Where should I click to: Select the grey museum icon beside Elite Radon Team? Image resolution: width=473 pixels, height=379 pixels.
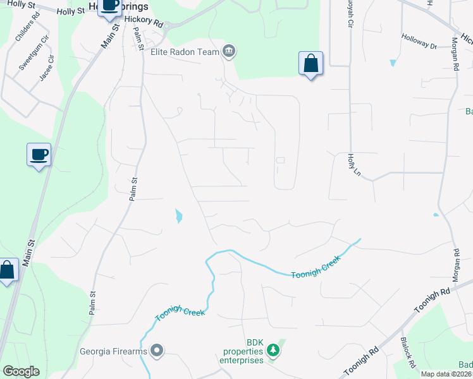229,52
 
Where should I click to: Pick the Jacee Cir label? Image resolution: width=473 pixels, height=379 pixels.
47,68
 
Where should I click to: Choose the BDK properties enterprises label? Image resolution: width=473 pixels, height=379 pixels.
241,354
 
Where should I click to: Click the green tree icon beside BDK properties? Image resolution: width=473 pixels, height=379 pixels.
273,350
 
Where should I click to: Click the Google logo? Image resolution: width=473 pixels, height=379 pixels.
21,371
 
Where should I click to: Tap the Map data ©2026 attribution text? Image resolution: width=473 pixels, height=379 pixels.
446,374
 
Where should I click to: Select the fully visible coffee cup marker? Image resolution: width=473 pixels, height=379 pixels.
39,154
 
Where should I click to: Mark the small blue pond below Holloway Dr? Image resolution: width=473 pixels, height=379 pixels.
393,63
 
